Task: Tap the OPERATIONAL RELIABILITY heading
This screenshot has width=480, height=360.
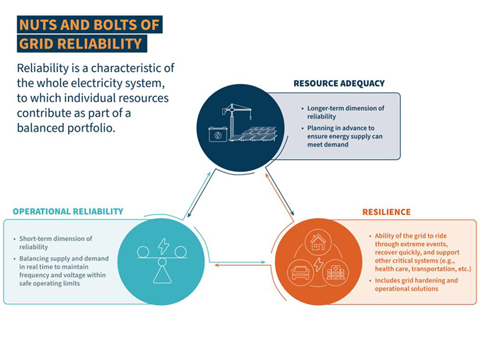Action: click(x=68, y=211)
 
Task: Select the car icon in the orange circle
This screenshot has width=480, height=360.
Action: click(x=300, y=271)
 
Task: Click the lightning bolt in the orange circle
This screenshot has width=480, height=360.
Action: click(x=318, y=264)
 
